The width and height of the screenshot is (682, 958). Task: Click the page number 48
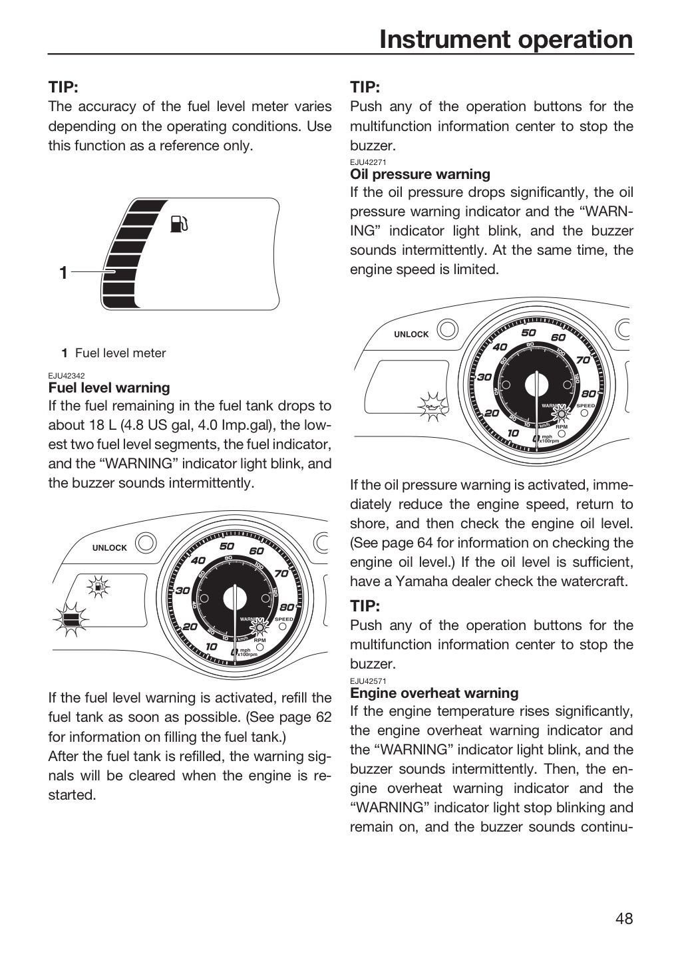pyautogui.click(x=624, y=918)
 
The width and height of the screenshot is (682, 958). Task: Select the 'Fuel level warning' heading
pyautogui.click(x=109, y=387)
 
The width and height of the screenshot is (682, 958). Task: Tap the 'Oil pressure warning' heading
pyautogui.click(x=420, y=174)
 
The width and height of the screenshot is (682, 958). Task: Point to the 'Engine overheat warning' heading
pyautogui.click(x=434, y=693)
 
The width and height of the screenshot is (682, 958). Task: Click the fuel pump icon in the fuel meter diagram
pyautogui.click(x=179, y=224)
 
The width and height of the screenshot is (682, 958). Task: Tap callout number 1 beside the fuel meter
pyautogui.click(x=63, y=273)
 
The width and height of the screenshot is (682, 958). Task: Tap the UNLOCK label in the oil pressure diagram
pyautogui.click(x=411, y=335)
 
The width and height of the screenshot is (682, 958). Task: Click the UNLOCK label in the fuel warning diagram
pyautogui.click(x=110, y=548)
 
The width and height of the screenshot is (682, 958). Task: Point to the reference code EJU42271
pyautogui.click(x=368, y=162)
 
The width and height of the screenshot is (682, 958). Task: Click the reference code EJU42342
pyautogui.click(x=67, y=376)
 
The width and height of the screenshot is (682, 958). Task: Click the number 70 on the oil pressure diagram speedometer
pyautogui.click(x=583, y=360)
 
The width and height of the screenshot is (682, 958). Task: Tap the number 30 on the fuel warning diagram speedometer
pyautogui.click(x=183, y=591)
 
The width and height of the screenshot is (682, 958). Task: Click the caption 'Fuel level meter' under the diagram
pyautogui.click(x=120, y=353)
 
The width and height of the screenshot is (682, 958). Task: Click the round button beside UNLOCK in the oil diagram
pyautogui.click(x=448, y=329)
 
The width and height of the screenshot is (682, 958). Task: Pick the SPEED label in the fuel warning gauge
pyautogui.click(x=283, y=619)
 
